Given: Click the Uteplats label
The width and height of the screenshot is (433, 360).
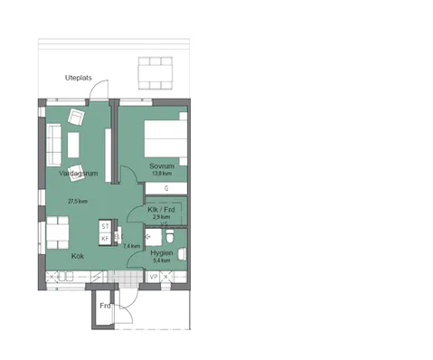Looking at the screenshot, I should pos(80,78).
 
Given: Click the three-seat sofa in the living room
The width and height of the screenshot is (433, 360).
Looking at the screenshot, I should pos(51,142).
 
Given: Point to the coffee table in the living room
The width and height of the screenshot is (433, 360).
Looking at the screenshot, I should pos(72,143).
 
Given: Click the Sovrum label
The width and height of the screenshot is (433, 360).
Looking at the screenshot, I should pos(162,166).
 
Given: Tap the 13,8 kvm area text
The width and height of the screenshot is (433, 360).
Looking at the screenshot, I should pos(162,173).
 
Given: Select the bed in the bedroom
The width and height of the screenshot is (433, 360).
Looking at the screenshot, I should pos(166,139).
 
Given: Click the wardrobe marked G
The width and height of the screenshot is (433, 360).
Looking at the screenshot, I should pos(166,188).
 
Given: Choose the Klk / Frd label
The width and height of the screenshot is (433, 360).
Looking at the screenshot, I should pos(160,210).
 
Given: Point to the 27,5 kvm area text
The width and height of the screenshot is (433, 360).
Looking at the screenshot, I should pos(77,201).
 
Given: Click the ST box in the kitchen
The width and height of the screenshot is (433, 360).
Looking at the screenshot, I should pos(105,226).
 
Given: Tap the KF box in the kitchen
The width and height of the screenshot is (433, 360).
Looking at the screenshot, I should pos(105,238).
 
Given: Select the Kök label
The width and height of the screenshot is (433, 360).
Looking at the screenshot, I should pos(78,256).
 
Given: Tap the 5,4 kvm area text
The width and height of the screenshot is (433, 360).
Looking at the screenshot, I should pos(162,261).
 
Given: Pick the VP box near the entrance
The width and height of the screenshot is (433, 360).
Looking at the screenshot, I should pos(154,277).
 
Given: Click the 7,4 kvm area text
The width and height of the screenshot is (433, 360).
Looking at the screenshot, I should pos(131,245).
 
